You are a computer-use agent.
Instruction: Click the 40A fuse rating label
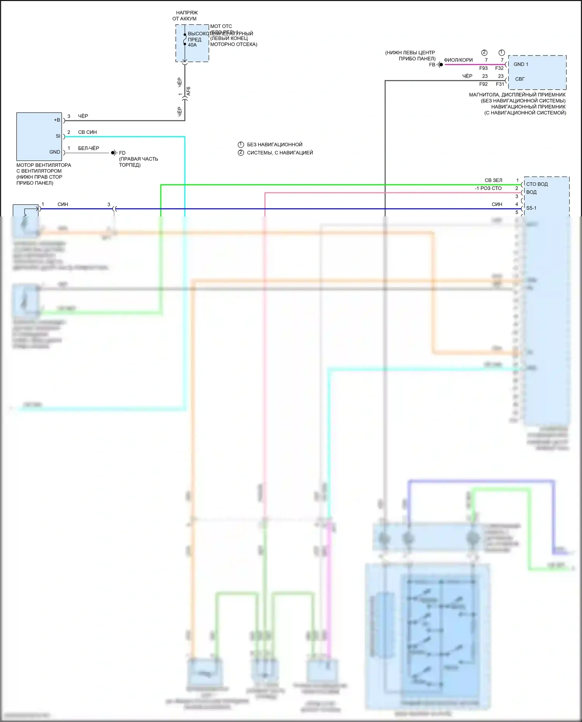[192, 45]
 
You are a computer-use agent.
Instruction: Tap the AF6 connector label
[189, 92]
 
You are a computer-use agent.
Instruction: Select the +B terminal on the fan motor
[57, 120]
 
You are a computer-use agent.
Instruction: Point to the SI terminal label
[58, 136]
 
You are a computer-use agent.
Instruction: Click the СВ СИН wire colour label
[87, 132]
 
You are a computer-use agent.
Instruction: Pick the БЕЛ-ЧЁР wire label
[88, 148]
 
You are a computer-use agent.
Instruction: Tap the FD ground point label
[122, 153]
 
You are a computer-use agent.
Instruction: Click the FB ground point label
[432, 65]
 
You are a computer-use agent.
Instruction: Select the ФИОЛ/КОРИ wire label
[458, 60]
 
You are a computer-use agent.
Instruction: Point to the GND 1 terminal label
[521, 64]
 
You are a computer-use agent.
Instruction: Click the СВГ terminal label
[520, 79]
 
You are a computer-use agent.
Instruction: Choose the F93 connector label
[483, 68]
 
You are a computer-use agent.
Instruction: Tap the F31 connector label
[500, 84]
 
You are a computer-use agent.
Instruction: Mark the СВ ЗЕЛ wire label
[493, 180]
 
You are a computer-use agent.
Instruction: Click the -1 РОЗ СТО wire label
[488, 189]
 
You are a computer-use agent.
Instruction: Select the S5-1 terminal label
[531, 208]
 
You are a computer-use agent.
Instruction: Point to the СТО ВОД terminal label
[537, 184]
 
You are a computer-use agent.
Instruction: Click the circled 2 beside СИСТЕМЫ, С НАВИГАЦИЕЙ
[241, 152]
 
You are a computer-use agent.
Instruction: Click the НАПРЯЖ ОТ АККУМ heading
[185, 16]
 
